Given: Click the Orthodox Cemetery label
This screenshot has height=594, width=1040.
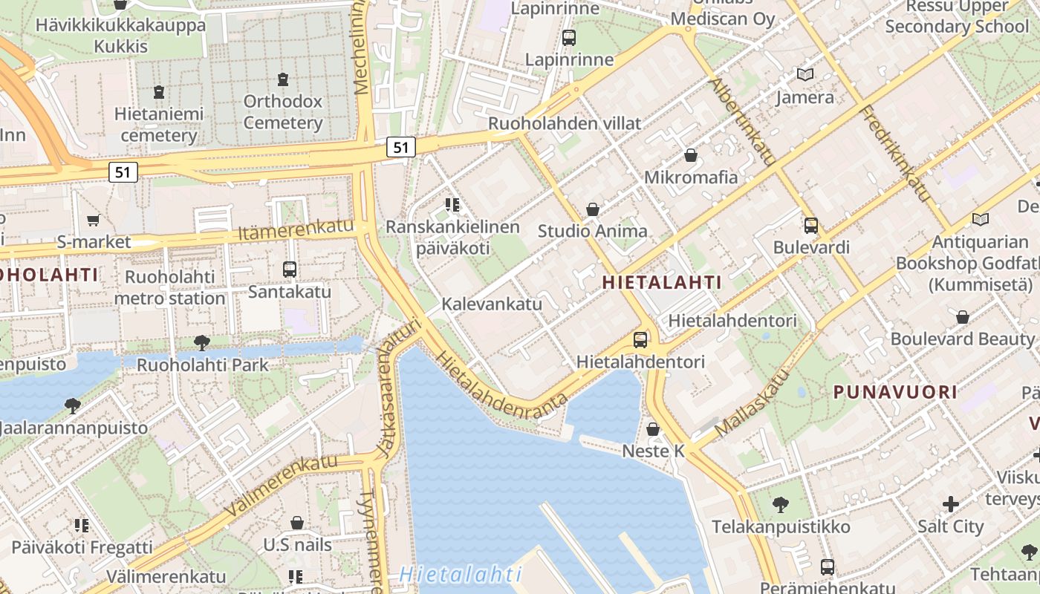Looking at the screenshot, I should coord(282,111).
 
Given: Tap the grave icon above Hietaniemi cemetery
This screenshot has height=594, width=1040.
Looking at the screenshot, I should coord(158,92).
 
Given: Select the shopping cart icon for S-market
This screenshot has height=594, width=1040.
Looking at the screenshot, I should coord(94,220).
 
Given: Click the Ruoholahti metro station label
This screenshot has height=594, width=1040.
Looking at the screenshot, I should coord(169,287).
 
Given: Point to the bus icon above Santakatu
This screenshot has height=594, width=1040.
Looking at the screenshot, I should coord(290,270).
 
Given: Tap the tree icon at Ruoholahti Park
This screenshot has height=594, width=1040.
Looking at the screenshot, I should coord(201,342).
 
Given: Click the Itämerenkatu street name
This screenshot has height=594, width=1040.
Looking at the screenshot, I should coord(296,230).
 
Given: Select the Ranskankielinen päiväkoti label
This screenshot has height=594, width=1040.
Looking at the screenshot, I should coord(452,237).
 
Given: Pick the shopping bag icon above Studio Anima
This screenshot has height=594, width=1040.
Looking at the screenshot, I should coord(593,209).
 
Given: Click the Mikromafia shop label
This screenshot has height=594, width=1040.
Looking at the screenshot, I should coord(691,177).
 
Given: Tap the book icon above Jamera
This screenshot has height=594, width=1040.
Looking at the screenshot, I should coord(805,74).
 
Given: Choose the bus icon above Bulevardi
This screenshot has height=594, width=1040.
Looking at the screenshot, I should coord(811,225).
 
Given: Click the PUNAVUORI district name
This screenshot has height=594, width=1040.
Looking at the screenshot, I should coord(895,392).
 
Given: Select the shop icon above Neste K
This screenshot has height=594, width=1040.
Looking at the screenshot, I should coord(653,429).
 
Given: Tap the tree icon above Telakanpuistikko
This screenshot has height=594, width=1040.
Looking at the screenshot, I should coord(780,505).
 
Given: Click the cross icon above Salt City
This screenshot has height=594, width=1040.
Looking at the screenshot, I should coord(951,505).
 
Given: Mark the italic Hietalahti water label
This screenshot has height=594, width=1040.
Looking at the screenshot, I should coord(460,574).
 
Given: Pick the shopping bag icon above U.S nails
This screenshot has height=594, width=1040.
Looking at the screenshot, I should coord(297,523).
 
